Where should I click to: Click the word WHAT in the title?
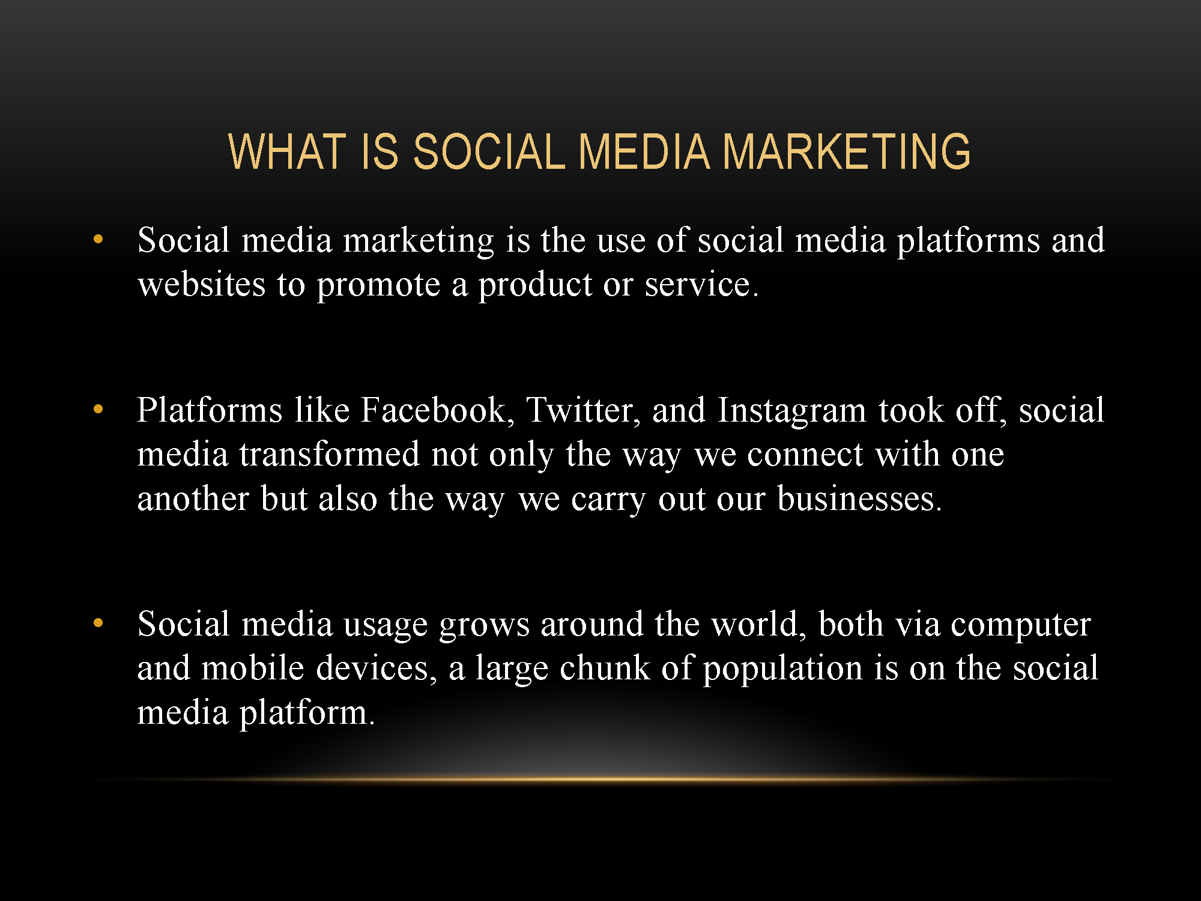pyautogui.click(x=287, y=151)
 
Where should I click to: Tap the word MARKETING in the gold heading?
pyautogui.click(x=846, y=151)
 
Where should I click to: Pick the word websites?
pyautogui.click(x=201, y=284)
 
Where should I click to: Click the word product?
pyautogui.click(x=535, y=285)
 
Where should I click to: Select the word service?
pyautogui.click(x=701, y=284)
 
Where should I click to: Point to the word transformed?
pyautogui.click(x=329, y=454)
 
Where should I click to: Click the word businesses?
pyautogui.click(x=859, y=499)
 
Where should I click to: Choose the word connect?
pyautogui.click(x=805, y=455)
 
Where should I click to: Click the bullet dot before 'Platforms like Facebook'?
pyautogui.click(x=98, y=410)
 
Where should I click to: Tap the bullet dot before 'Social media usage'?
pyautogui.click(x=98, y=623)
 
